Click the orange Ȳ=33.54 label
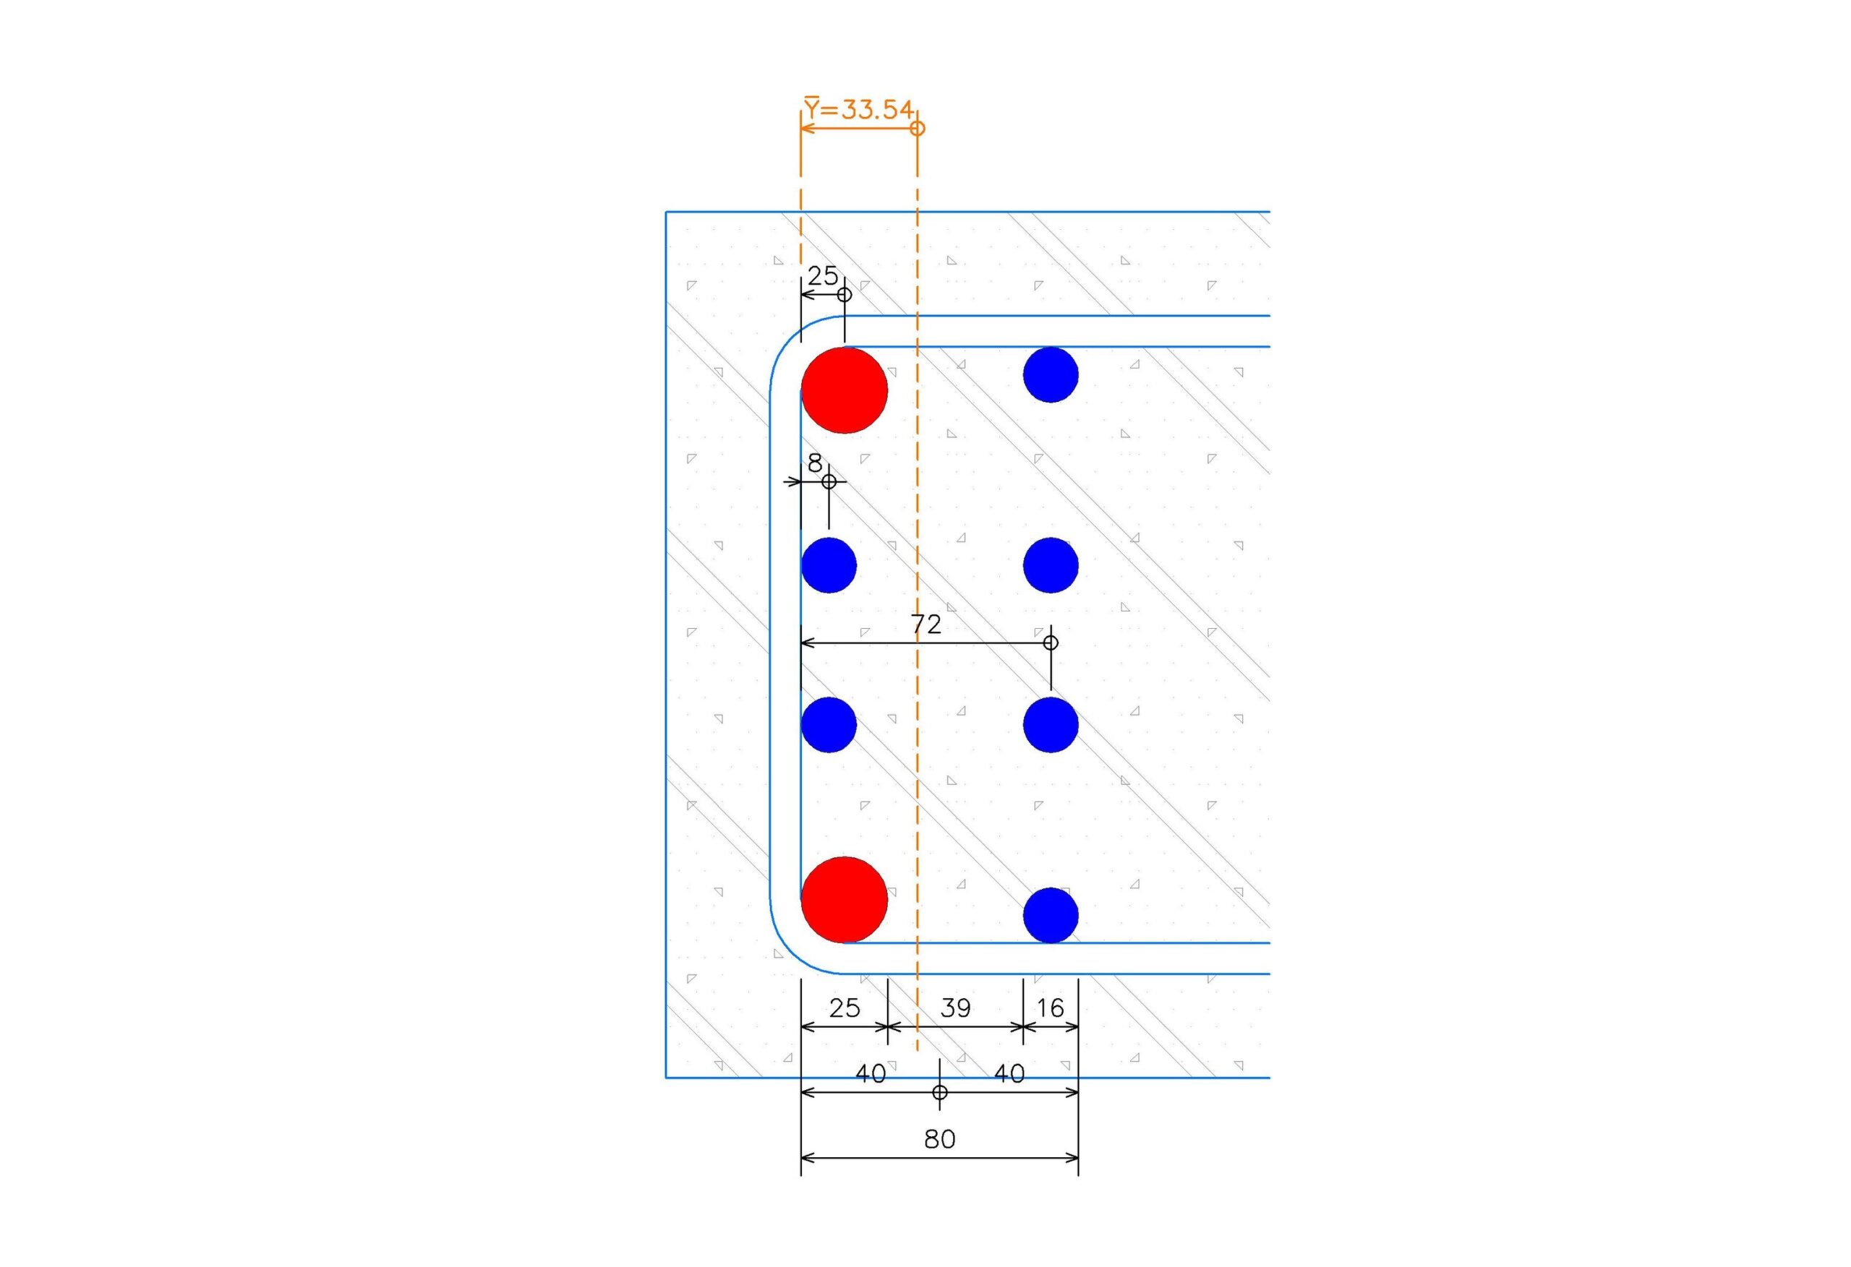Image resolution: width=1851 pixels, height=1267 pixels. point(858,108)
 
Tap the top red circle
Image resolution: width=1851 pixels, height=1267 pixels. point(845,390)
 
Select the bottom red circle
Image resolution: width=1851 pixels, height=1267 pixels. point(845,900)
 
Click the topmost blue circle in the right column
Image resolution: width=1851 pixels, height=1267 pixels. point(1051,374)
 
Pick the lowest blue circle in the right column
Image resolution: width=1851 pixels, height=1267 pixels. point(1051,916)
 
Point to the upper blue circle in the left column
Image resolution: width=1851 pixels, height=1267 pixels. point(829,565)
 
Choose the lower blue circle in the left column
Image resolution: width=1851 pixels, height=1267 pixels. point(829,725)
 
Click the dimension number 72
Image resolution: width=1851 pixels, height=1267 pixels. point(925,624)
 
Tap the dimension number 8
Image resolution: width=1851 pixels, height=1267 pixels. point(815,463)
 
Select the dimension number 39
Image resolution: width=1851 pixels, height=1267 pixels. point(955,1008)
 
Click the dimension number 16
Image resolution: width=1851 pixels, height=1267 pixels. point(1051,1008)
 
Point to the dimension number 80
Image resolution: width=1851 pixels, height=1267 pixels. point(940,1140)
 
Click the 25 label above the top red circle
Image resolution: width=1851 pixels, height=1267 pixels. point(823,276)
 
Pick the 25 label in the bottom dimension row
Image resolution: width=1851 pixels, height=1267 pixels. point(845,1008)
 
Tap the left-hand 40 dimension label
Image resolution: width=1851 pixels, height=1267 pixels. point(870,1074)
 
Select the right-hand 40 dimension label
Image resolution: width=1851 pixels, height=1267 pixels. point(1009,1074)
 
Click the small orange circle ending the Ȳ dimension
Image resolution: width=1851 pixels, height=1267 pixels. point(918,127)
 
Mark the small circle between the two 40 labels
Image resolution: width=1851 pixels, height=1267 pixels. point(940,1093)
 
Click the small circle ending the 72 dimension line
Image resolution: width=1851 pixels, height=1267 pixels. point(1051,643)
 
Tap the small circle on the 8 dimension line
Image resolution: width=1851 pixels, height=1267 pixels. point(829,482)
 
